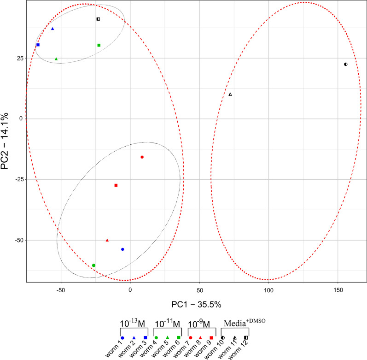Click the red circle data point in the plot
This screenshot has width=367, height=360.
(142, 157)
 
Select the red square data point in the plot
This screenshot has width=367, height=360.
(116, 185)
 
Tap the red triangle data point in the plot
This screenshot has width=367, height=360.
(107, 240)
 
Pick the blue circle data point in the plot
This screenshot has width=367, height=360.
(122, 249)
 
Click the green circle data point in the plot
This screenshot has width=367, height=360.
(93, 266)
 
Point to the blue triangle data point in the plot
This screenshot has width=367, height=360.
(52, 29)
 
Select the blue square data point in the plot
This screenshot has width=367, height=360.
(38, 45)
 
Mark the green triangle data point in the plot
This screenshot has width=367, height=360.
(56, 59)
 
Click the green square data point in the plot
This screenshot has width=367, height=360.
(99, 45)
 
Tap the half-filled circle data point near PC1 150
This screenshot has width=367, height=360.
(345, 65)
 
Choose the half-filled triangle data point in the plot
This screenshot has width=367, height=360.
(230, 94)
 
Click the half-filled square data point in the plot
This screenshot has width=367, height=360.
(98, 19)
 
